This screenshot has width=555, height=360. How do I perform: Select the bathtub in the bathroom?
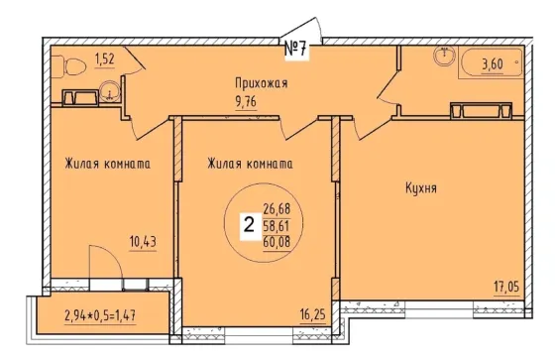coord(492,62)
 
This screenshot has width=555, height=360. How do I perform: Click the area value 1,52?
coord(105,60)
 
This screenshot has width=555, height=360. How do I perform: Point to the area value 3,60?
coord(492,64)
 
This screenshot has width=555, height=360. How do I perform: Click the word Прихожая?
coord(262,83)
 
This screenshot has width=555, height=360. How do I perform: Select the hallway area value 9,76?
coord(246,102)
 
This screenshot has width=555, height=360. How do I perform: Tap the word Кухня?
coord(421,188)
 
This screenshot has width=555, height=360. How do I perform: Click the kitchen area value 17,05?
coord(506,287)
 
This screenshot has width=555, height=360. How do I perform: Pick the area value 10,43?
coord(143,243)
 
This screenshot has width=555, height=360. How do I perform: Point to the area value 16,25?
coord(313,314)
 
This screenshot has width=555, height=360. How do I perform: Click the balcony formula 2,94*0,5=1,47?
coord(100,315)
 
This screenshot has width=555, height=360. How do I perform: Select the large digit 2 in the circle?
coord(250,225)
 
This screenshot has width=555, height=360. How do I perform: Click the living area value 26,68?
coord(277,209)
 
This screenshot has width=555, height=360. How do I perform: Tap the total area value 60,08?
coord(277,242)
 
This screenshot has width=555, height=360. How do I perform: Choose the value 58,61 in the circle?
coord(277,226)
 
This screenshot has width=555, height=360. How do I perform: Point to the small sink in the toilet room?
coord(110,92)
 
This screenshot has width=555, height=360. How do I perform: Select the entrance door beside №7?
coord(301,29)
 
